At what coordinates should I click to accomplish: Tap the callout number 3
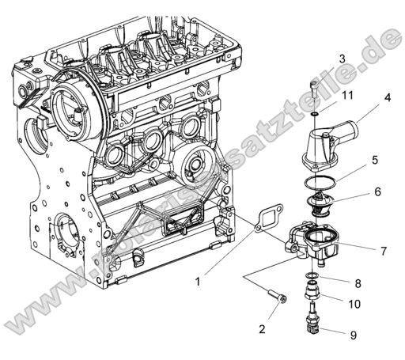pos(342,59)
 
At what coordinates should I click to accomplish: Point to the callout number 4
pos(388,98)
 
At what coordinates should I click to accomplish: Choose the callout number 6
pos(377,191)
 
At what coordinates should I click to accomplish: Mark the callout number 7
pos(383,251)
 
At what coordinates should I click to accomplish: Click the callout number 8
pos(357,282)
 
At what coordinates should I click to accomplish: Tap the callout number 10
pos(356,304)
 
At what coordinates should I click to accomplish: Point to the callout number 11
pos(346,96)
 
